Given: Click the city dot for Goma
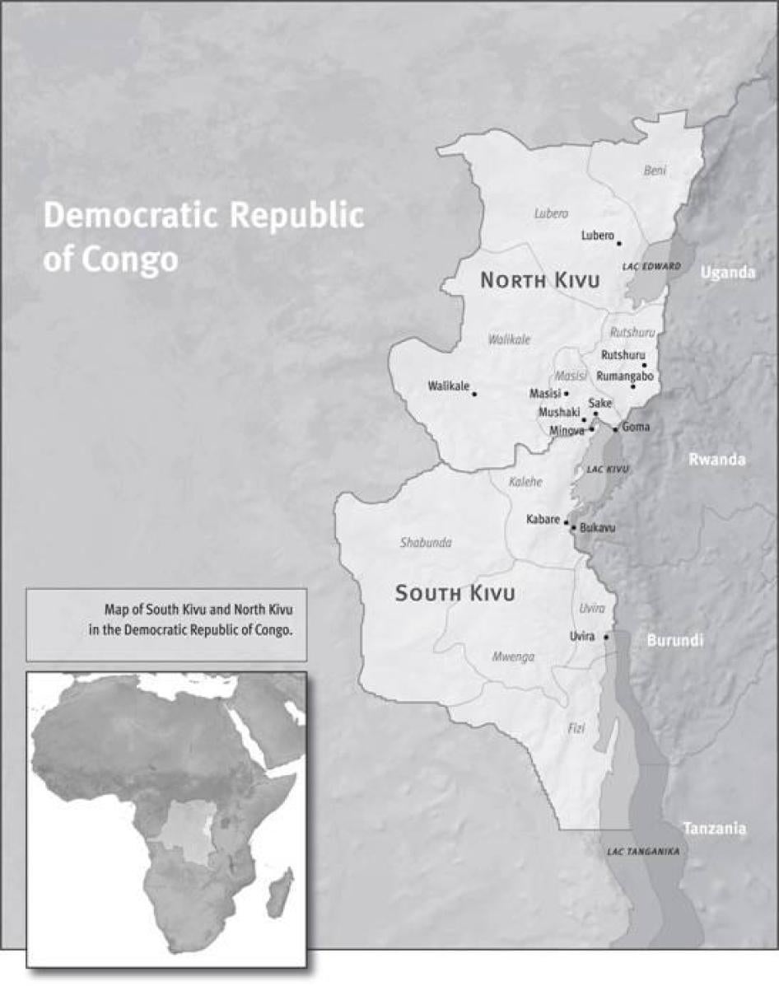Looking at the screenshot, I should pos(615,430).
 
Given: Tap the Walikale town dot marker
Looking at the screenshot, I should pos(474,394).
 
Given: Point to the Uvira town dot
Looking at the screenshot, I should pos(607,637).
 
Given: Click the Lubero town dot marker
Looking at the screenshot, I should pos(619,243).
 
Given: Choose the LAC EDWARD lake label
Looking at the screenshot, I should pos(651,267).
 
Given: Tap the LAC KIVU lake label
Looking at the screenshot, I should pos(608,469).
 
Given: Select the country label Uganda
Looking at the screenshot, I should pos(727,273).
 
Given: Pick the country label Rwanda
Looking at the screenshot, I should pos(716,460).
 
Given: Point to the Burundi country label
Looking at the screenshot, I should pos(674,640).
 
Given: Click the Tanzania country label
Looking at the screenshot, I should pos(714,829).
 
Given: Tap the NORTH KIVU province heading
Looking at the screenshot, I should pos(539,281).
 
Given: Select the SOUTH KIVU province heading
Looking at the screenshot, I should pos(455,593).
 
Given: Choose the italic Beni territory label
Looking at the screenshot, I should pos(655,171).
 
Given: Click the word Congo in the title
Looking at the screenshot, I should pos(132,259).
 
